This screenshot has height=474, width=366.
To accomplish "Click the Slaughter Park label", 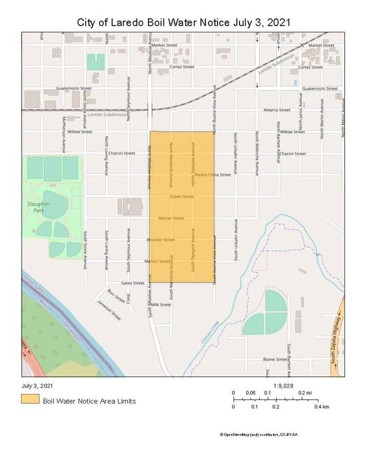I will click(x=39, y=207).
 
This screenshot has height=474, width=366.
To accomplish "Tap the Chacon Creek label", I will click(x=210, y=333).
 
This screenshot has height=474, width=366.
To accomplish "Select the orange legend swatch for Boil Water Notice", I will click(x=30, y=399).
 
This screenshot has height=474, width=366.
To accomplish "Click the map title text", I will click(x=184, y=22).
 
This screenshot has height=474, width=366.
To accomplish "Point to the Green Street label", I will click(x=182, y=197).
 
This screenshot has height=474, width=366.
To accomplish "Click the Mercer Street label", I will click(x=171, y=218).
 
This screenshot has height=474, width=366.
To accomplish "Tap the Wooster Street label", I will click(x=161, y=240).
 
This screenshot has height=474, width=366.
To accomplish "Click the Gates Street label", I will click(x=133, y=283).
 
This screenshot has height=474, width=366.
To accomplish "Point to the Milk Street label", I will click(x=161, y=304).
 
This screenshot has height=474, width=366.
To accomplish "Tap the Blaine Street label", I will click(x=275, y=359).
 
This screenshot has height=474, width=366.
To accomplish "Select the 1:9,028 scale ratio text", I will click(x=283, y=386).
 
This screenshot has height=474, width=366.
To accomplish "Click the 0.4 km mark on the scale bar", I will click(x=322, y=407).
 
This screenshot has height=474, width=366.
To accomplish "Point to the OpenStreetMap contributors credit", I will click(x=259, y=434).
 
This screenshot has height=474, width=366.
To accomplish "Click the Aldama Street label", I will click(x=277, y=110).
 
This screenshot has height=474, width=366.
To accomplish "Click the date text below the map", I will click(x=37, y=386).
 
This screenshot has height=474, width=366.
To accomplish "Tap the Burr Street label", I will click(x=116, y=296).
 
